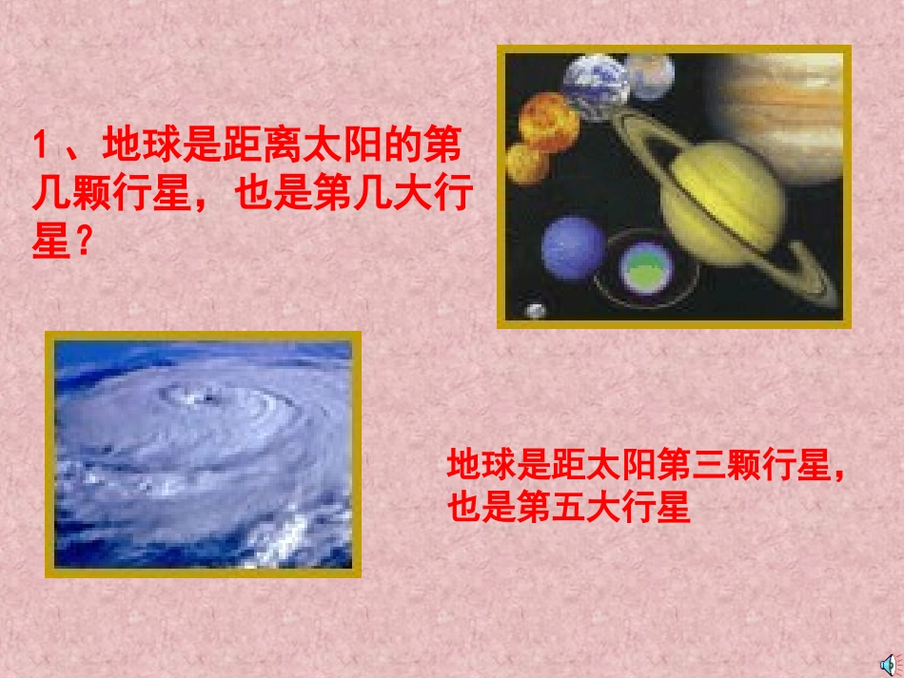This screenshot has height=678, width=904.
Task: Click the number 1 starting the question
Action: click(x=40, y=146)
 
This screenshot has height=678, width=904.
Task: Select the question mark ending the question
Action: click(x=83, y=244)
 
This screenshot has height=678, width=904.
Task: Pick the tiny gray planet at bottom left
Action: click(x=536, y=310)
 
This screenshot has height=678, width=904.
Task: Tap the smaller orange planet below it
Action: click(x=526, y=164)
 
